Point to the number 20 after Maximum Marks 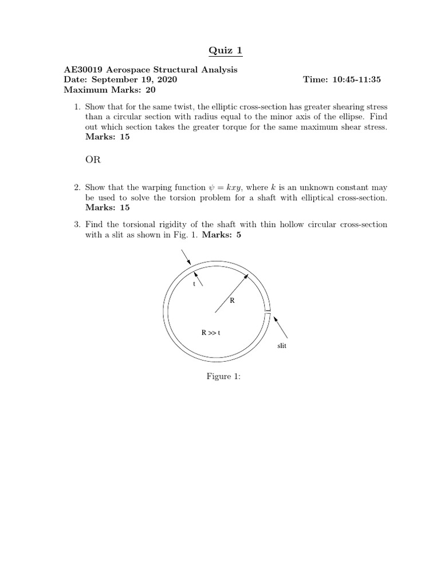150,90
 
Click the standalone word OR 93,160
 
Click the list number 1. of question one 78,107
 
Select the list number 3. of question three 78,224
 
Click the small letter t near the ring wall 195,283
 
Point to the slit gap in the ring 268,312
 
